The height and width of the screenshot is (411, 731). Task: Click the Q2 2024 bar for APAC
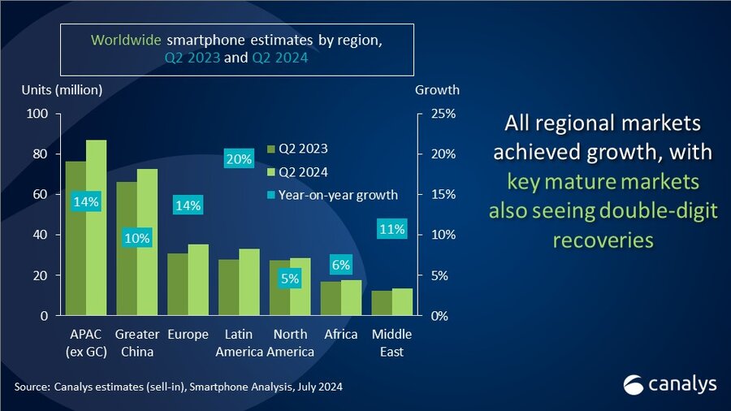click(96, 227)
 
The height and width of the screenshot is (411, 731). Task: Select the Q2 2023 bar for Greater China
click(126, 249)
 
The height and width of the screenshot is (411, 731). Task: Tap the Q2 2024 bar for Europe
click(198, 279)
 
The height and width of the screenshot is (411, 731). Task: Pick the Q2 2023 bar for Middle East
click(381, 303)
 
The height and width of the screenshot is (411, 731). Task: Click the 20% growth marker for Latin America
click(239, 160)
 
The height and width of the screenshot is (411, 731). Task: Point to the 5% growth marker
click(290, 279)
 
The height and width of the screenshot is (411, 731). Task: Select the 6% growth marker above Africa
click(340, 265)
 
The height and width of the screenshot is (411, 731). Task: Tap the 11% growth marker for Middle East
click(391, 229)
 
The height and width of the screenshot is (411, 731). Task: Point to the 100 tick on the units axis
click(38, 114)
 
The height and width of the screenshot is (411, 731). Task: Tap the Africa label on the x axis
click(341, 335)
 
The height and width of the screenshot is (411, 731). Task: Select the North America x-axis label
click(290, 343)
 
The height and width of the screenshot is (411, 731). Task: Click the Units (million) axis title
click(62, 90)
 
